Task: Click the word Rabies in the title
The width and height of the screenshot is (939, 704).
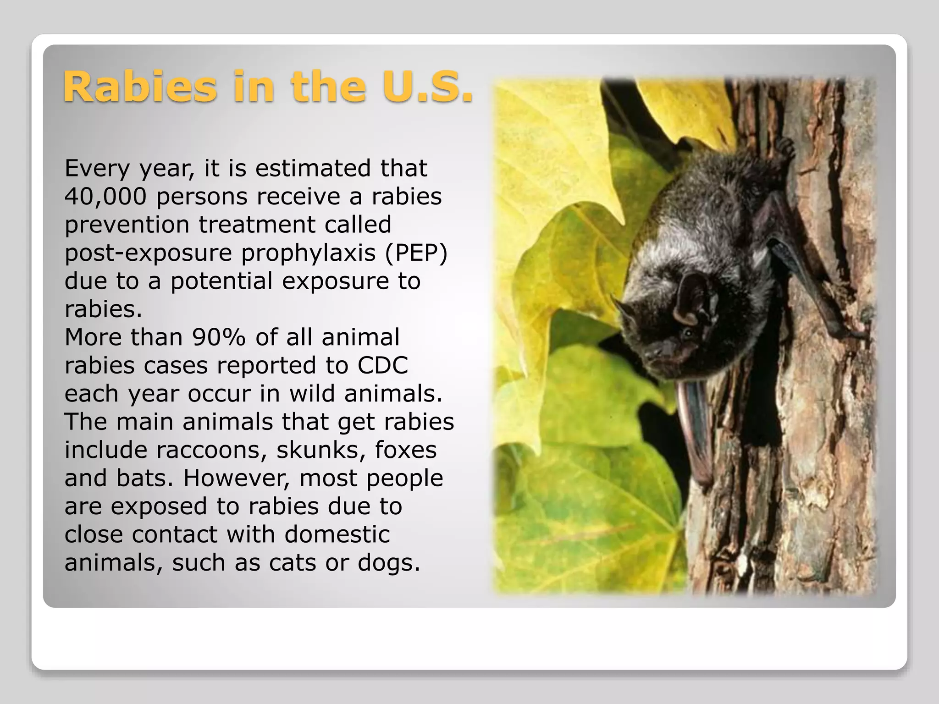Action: [x=140, y=87]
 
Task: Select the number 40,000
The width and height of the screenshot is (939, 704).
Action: [x=105, y=197]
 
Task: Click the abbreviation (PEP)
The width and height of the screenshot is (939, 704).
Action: [x=416, y=253]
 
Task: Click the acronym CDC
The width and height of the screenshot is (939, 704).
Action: [x=382, y=366]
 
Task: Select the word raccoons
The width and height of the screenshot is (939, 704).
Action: [x=211, y=450]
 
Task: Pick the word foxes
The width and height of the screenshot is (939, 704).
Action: [x=405, y=450]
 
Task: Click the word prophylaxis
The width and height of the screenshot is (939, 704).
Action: [x=309, y=253]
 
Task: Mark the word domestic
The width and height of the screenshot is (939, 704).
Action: [x=337, y=534]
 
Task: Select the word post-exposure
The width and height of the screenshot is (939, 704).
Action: [x=149, y=253]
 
